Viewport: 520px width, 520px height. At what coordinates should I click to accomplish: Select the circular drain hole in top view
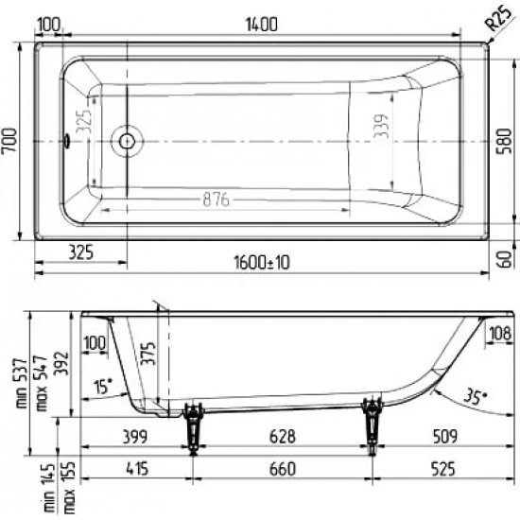126,142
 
